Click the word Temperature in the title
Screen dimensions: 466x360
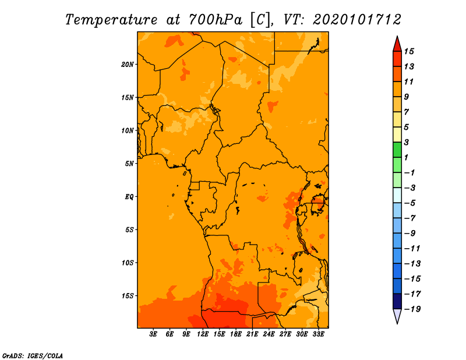point(111,20)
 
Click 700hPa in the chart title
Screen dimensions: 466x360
point(216,20)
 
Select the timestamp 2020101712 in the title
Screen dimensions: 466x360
point(357,20)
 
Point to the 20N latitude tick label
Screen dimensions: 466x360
point(128,65)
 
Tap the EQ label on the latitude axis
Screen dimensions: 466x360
point(129,197)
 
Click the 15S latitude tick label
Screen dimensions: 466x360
point(128,296)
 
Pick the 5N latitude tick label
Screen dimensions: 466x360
point(129,164)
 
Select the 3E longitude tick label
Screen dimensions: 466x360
point(153,334)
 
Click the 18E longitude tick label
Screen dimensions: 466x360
point(236,334)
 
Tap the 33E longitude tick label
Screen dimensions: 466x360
point(318,334)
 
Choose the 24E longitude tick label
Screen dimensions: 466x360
point(269,334)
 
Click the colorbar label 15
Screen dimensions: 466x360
point(409,51)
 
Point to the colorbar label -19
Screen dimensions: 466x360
point(412,309)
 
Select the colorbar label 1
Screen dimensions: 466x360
point(406,157)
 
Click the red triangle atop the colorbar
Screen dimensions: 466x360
point(397,44)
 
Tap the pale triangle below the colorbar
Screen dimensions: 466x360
point(397,316)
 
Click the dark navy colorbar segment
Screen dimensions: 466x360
point(397,301)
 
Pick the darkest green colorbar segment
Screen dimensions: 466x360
point(397,150)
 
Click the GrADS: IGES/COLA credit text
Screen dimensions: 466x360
point(33,355)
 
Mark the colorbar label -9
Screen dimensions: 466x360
point(410,234)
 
